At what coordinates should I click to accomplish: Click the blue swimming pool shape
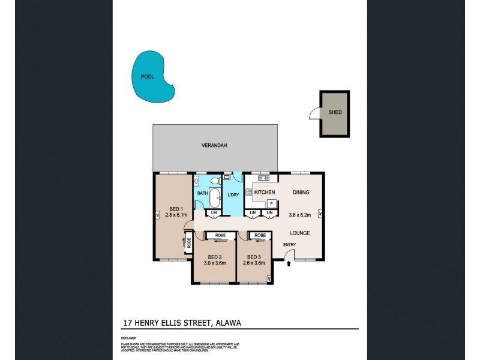pyautogui.click(x=152, y=78)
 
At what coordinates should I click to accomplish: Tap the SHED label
pyautogui.click(x=335, y=112)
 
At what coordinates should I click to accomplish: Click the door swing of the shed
pyautogui.click(x=314, y=113)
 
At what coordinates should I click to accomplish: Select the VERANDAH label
pyautogui.click(x=214, y=145)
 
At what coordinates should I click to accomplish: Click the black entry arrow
pyautogui.click(x=290, y=262)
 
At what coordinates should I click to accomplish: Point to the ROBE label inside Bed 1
pyautogui.click(x=188, y=243)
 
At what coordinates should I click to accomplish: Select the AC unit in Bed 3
pyautogui.click(x=269, y=278)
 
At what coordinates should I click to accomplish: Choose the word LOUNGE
pyautogui.click(x=299, y=233)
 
